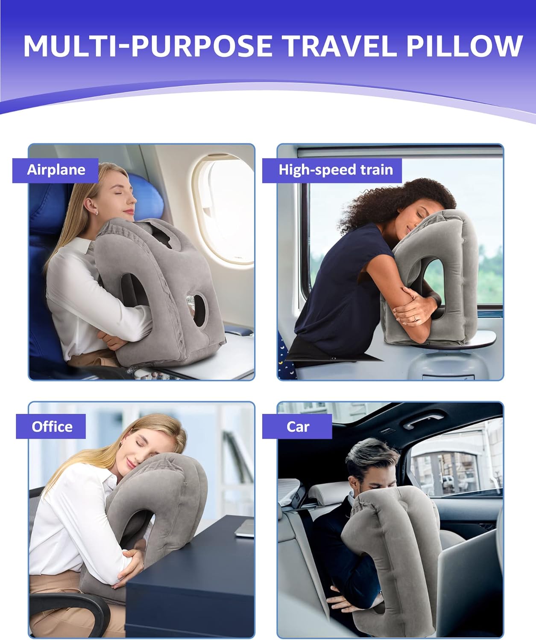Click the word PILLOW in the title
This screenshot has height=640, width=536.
(464, 46)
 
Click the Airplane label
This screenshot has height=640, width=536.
(56, 170)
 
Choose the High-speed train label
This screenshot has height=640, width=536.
(335, 170)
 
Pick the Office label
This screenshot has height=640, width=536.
(52, 427)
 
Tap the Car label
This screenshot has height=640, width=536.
(298, 427)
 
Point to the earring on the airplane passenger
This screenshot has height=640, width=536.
(97, 212)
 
